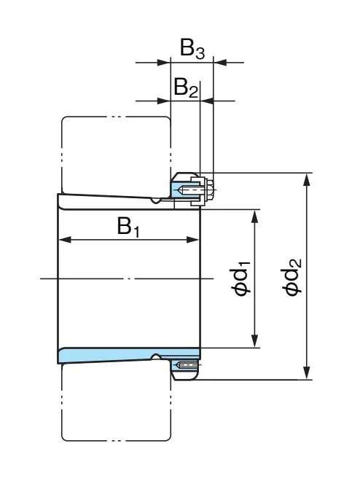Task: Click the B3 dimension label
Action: tap(192, 49)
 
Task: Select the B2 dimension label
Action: tap(186, 88)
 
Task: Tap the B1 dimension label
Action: tap(128, 227)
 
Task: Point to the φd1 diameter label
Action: tap(240, 278)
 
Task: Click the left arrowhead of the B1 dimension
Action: tap(65, 240)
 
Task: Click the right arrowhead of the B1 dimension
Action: tap(193, 240)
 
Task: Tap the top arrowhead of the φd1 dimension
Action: tap(254, 216)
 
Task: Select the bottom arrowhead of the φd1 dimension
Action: tap(254, 341)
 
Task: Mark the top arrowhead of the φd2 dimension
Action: tap(306, 180)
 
